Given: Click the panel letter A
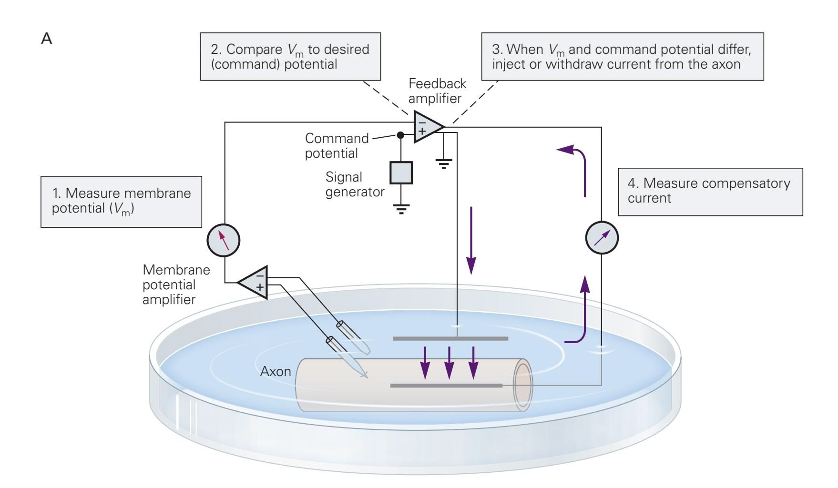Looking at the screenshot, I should [x=47, y=38].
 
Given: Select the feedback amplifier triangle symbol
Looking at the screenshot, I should [x=427, y=127].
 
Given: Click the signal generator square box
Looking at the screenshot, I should [x=401, y=173].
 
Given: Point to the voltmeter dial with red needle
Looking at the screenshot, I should [x=223, y=240].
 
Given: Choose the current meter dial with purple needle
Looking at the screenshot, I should [x=602, y=237].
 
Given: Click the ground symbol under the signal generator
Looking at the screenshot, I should [x=401, y=209].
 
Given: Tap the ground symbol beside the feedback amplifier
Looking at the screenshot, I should [x=444, y=164].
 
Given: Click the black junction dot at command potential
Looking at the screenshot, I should [x=400, y=135].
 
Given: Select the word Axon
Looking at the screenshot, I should [x=276, y=371].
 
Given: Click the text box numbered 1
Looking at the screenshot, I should [x=121, y=201].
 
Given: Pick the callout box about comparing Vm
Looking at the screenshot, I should [x=290, y=56].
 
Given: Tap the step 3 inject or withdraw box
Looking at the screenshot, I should [x=622, y=56].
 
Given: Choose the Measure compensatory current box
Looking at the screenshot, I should [x=710, y=192].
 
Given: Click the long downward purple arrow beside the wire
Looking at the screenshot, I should [x=471, y=240].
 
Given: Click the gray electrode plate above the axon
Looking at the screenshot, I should [x=450, y=338].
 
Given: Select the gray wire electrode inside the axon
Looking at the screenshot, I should [x=446, y=385].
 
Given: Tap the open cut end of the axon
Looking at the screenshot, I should [x=522, y=385].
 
